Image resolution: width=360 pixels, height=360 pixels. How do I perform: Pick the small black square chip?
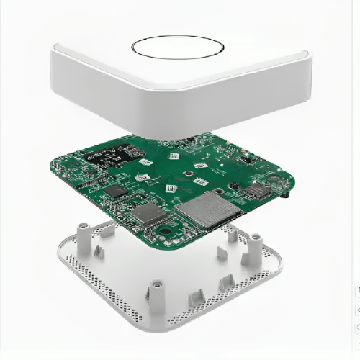(x=116, y=191)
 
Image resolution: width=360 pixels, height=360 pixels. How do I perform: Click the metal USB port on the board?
(x=256, y=192)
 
